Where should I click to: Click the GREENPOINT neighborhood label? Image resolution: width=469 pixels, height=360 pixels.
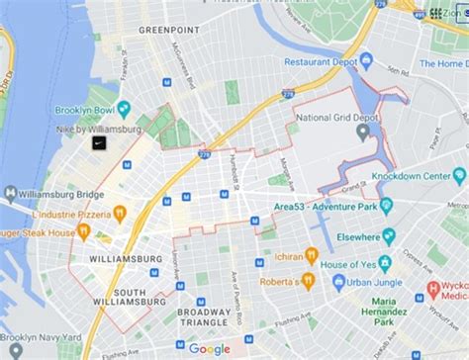(x=167, y=31)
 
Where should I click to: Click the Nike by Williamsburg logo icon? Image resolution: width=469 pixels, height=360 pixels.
(x=99, y=143)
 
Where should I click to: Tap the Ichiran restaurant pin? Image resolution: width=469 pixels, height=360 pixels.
(x=311, y=255)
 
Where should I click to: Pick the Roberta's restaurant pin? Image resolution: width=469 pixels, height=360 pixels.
(x=307, y=281)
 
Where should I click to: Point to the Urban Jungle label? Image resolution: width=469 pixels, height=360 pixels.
(x=377, y=282)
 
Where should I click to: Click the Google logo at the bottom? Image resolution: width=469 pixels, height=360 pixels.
(x=209, y=348)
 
